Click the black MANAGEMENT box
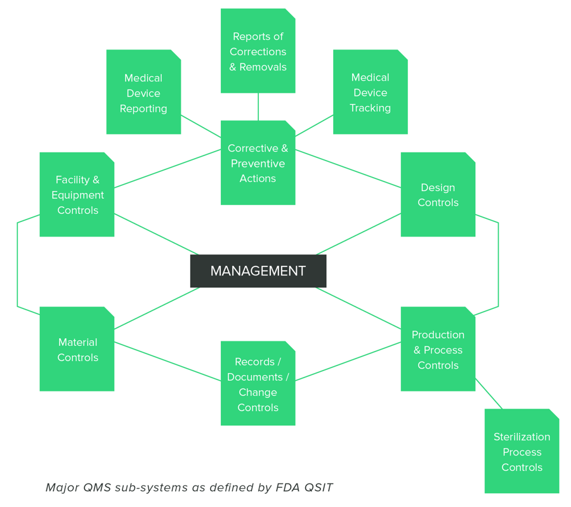click(x=258, y=271)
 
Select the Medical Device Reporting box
click(x=143, y=93)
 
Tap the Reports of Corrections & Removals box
click(x=258, y=51)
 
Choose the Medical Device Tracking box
click(x=370, y=93)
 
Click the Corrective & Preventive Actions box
click(x=258, y=163)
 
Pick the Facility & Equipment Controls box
click(x=77, y=195)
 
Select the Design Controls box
click(x=438, y=195)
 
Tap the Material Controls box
click(x=77, y=350)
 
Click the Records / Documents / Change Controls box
click(x=258, y=384)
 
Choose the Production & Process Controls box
click(x=438, y=350)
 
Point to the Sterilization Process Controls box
click(x=522, y=452)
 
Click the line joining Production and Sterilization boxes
click(x=489, y=393)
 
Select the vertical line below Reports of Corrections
click(x=258, y=107)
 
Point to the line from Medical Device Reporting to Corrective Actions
click(x=200, y=126)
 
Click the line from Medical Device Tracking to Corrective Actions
click(x=314, y=126)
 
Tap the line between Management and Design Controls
click(x=358, y=234)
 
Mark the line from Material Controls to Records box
click(x=167, y=361)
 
